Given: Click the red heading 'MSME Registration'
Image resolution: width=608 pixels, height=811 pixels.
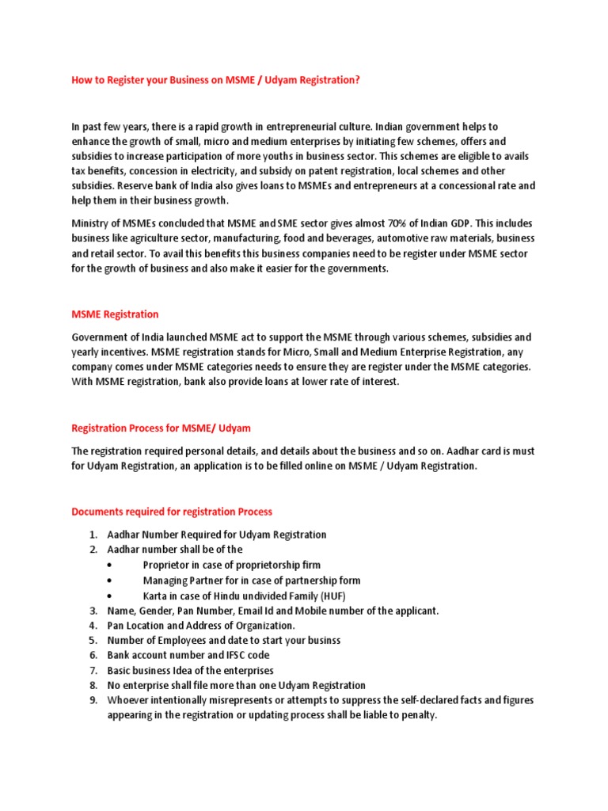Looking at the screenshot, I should [x=115, y=314].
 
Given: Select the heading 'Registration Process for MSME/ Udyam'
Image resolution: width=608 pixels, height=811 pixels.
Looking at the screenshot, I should [x=161, y=428].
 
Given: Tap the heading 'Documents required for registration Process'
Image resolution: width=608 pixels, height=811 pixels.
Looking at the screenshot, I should [x=172, y=512].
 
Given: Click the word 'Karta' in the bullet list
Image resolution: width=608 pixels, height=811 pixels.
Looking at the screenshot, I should [x=155, y=596].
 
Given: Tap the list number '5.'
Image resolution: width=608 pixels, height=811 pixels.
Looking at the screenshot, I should [x=93, y=640].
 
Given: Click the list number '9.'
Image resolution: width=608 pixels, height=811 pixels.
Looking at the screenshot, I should [x=93, y=700].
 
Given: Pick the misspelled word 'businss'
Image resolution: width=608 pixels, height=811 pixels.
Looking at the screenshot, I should [x=322, y=640].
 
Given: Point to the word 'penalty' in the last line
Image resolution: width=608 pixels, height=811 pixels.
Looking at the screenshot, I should [x=417, y=715].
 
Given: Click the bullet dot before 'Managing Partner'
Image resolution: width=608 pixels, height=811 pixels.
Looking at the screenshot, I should [x=108, y=581].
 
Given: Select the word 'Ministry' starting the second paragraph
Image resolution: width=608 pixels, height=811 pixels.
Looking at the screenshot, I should [x=90, y=224].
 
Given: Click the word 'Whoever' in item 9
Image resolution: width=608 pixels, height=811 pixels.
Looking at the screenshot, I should [x=128, y=700].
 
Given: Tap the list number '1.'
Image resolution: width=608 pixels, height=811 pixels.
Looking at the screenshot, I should [x=93, y=535].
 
